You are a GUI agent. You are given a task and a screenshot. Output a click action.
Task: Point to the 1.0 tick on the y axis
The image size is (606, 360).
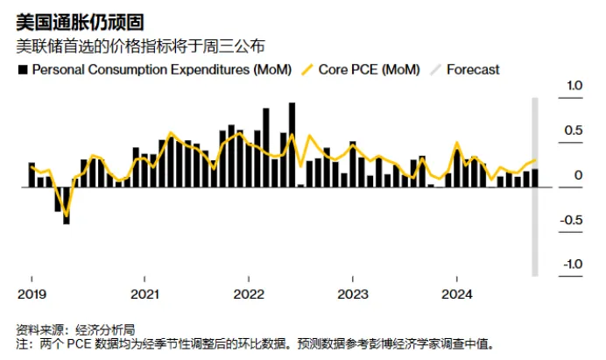[574, 86]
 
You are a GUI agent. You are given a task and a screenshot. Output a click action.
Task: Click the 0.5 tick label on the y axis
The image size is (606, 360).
[574, 131]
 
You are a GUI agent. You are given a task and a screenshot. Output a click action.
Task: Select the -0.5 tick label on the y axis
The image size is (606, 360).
[572, 220]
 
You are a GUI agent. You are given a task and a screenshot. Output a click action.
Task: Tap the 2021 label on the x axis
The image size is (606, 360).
[145, 293]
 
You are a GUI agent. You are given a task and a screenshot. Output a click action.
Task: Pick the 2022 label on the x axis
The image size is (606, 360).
[250, 293]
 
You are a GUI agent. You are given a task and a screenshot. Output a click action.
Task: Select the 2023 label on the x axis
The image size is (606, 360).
[353, 293]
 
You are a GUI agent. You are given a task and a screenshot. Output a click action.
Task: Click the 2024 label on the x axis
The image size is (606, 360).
[457, 293]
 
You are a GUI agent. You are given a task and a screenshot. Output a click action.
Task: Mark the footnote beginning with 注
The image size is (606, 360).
[254, 344]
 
